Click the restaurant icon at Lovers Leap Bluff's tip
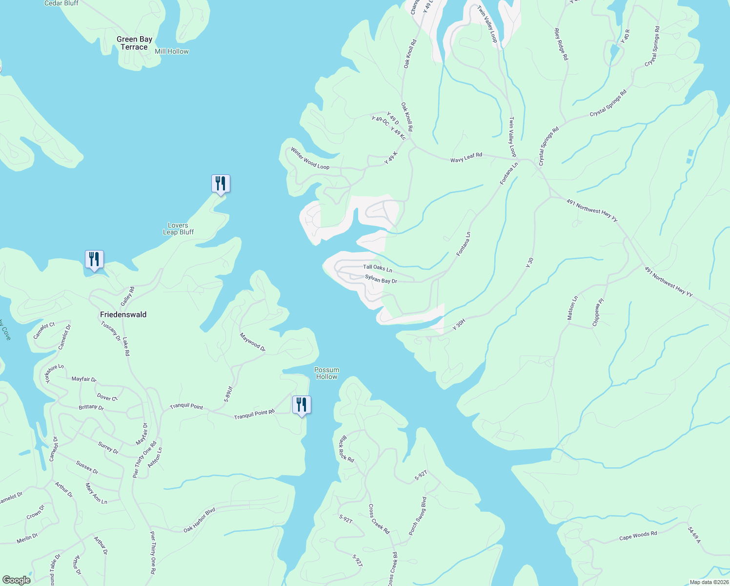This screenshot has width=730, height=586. coord(221,184)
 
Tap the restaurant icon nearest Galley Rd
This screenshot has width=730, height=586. coord(94,259)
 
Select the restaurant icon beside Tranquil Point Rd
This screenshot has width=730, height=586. coord(302,405)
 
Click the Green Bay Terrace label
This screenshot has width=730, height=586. coord(134,43)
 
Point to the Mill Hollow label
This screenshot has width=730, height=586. coord(171,51)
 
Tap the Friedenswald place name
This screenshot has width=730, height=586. coord(123,314)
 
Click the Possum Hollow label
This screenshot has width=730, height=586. coord(326,373)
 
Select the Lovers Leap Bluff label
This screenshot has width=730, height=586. coord(178,229)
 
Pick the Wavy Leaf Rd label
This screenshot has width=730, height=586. coord(466,157)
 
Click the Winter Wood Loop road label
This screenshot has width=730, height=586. coord(310,159)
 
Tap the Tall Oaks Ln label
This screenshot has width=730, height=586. coord(377,268)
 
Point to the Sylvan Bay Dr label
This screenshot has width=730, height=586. coord(381,279)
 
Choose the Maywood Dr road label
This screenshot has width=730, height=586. coord(252,342)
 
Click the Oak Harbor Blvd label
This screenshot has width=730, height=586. coord(199,521)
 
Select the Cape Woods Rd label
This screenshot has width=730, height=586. coord(638,536)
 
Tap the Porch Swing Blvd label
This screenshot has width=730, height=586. coord(418,516)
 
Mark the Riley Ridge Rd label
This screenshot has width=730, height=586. coord(561,44)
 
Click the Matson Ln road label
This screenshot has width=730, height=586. coord(572,308)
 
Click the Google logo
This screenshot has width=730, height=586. coord(16,580)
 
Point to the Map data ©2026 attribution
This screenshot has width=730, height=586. coord(708,582)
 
